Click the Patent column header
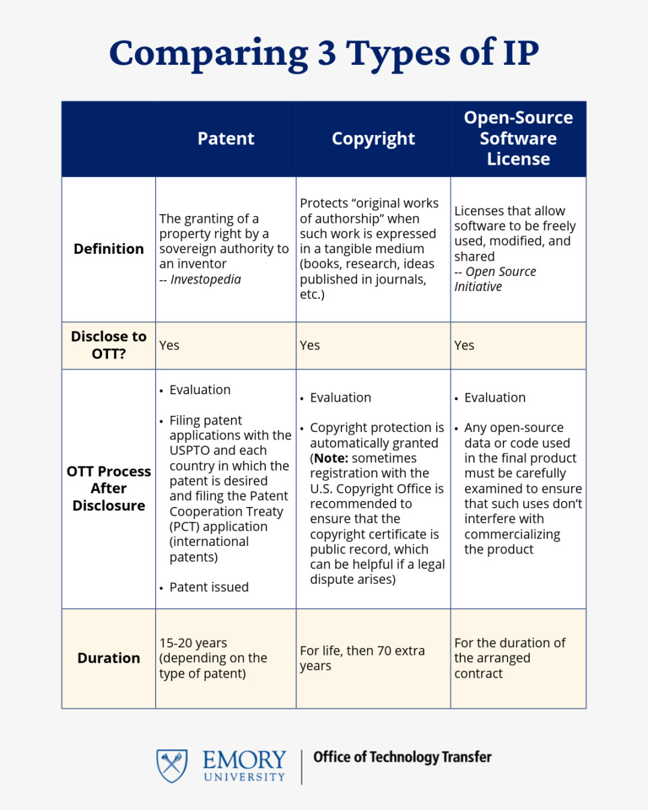click(225, 138)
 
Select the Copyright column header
click(373, 138)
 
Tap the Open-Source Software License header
click(518, 138)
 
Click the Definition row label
click(109, 248)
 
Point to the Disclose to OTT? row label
click(109, 345)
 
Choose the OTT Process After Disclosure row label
click(109, 488)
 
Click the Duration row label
click(109, 658)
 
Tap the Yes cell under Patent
click(169, 345)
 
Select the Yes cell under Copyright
click(310, 345)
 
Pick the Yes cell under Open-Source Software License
click(464, 345)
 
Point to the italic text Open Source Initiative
click(495, 279)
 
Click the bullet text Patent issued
click(209, 587)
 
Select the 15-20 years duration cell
click(213, 658)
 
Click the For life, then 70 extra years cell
click(362, 658)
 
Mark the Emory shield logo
click(172, 765)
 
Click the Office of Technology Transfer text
click(402, 757)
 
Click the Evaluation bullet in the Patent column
click(200, 389)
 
